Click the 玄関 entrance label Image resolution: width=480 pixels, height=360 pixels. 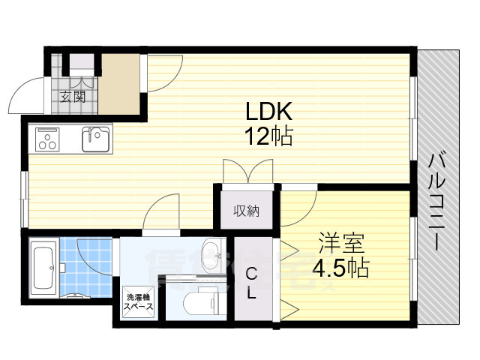pos(73,97)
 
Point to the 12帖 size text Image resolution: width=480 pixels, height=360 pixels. pos(268,137)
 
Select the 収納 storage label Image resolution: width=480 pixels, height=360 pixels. pos(245,211)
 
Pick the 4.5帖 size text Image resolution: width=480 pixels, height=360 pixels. pos(341,268)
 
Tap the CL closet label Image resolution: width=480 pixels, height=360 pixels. pos(251,283)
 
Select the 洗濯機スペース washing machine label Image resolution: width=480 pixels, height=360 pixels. pos(139,302)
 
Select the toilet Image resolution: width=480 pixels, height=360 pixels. pos(202,301)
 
